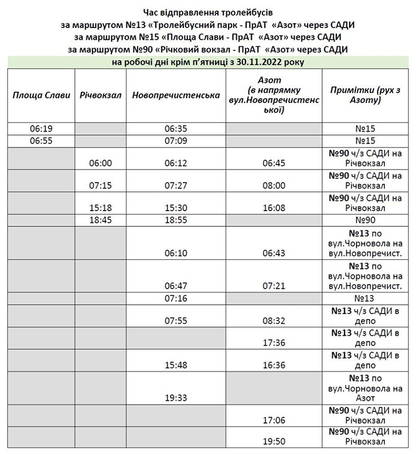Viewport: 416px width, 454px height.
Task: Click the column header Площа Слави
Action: pyautogui.click(x=41, y=95)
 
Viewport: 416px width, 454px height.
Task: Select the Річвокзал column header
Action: pyautogui.click(x=100, y=95)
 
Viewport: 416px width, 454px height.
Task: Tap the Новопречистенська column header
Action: pyautogui.click(x=176, y=95)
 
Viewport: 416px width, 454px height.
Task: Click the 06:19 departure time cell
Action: pyautogui.click(x=41, y=129)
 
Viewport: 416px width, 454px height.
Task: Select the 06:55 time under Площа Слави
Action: pyautogui.click(x=41, y=141)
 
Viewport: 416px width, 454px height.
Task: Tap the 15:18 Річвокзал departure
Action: pyautogui.click(x=100, y=207)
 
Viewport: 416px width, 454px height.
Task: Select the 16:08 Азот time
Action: pyautogui.click(x=274, y=207)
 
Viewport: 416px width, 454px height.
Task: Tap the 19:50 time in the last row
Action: pyautogui.click(x=274, y=442)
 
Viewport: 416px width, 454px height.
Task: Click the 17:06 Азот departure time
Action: pyautogui.click(x=274, y=419)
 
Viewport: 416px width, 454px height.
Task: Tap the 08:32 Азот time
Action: pyautogui.click(x=274, y=321)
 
